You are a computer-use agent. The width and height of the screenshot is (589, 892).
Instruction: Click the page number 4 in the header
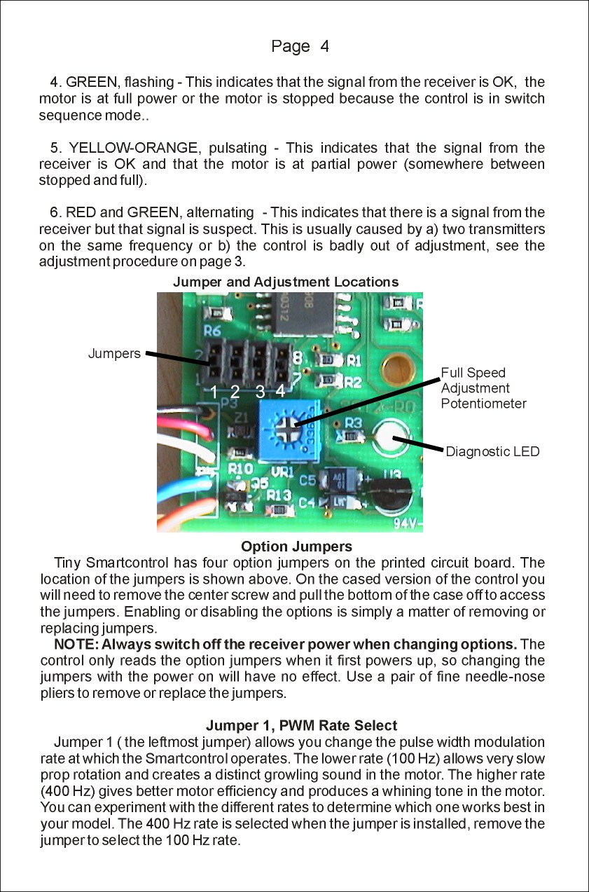[x=324, y=47]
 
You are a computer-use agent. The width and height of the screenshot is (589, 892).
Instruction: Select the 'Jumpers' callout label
[x=114, y=354]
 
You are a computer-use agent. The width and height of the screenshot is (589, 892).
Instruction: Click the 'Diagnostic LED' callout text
[x=492, y=452]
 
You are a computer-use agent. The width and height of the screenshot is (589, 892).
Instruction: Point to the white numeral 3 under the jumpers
[x=260, y=392]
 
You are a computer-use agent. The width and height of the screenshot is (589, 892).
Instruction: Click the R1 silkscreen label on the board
[x=353, y=362]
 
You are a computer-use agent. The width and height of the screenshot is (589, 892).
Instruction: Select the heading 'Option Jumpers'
[x=296, y=547]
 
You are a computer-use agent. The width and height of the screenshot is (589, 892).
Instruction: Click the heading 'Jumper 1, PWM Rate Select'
[x=301, y=725]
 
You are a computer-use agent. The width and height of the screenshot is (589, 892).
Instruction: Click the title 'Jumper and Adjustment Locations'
[x=286, y=282]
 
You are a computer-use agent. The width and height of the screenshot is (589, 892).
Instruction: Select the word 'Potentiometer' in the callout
[x=483, y=404]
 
